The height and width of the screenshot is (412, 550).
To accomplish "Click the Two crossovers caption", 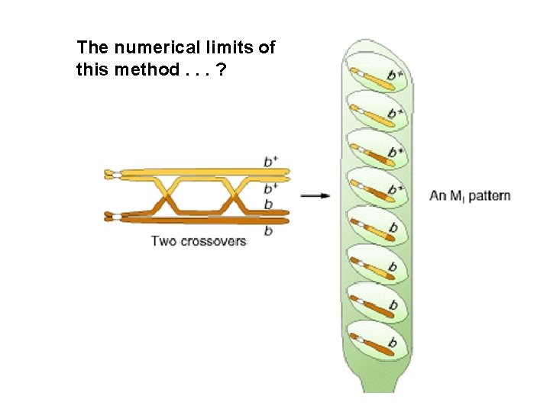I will coord(199,241).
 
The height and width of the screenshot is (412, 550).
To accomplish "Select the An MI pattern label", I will coord(470,196).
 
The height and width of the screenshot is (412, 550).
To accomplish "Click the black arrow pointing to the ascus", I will coord(315,196).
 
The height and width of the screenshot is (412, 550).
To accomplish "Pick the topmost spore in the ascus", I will coord(377,72).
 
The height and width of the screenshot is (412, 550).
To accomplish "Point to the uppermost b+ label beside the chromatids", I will coord(270,161).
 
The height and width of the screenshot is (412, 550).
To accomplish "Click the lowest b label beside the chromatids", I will coord(267,230).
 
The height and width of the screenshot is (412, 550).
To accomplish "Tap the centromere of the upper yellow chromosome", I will coord(114,175).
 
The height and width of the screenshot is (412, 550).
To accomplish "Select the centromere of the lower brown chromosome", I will coord(114,217).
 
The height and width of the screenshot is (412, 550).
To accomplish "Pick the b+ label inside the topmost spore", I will coord(395,75).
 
